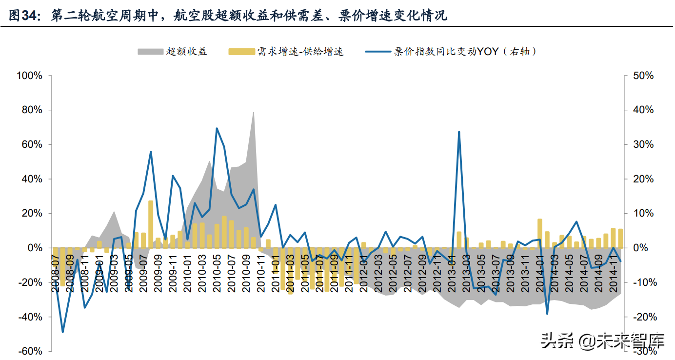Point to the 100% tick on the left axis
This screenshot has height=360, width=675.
(30, 76)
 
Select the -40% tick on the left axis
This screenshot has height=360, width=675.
(30, 317)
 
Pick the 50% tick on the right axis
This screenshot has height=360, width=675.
(643, 76)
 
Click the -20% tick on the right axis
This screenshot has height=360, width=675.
(642, 317)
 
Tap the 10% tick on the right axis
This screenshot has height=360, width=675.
(643, 214)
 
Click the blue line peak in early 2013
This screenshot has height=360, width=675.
(459, 132)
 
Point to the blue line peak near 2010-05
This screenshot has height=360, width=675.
(217, 129)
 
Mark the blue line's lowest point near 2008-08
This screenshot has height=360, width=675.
(63, 332)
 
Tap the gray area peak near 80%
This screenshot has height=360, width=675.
(254, 113)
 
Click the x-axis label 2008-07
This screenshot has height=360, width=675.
(56, 271)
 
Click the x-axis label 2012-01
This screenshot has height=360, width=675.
(363, 271)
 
